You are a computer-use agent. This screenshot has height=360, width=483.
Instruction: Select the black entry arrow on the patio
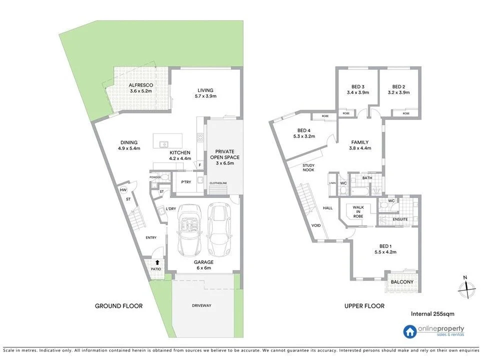[x=158, y=261]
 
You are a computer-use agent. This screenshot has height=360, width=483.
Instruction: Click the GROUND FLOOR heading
[x=119, y=306]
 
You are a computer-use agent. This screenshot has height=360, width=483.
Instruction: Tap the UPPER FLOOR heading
[x=364, y=306]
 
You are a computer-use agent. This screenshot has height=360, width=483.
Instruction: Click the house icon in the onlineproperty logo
[x=410, y=331]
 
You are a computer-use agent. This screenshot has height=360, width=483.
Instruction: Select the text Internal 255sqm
[x=432, y=314]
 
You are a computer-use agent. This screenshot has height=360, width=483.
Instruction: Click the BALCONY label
[x=402, y=282]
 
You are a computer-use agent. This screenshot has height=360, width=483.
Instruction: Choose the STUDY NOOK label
[x=308, y=167]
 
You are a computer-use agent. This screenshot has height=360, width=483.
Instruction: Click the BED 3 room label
[x=357, y=89]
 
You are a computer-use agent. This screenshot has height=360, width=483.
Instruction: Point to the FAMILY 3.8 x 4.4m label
[x=360, y=145]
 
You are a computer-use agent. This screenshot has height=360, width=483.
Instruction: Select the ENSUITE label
[x=400, y=219]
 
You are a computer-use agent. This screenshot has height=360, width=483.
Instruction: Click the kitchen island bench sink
[x=163, y=144]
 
